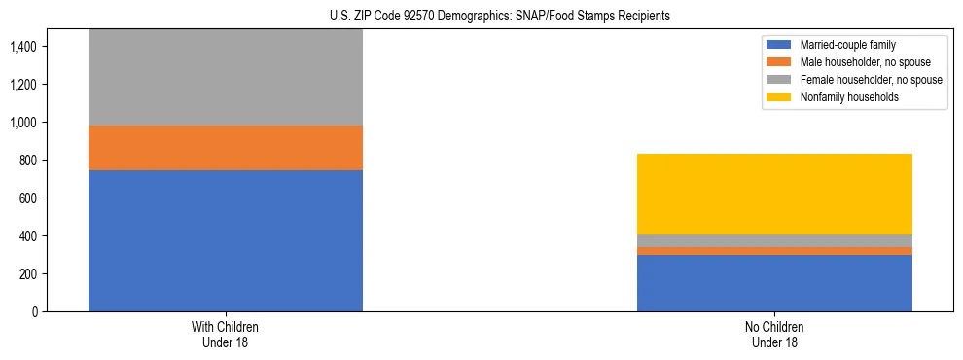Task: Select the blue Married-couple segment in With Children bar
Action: tap(226, 240)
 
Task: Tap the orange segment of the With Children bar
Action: tap(226, 148)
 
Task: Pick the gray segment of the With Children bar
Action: tap(226, 78)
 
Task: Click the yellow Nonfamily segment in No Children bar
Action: tap(774, 194)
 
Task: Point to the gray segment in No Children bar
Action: tap(774, 240)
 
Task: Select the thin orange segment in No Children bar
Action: tap(774, 251)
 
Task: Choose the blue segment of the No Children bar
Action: tap(774, 283)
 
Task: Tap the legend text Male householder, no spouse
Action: tap(856, 62)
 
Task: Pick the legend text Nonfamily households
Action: tap(841, 97)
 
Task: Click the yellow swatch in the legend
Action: tap(780, 97)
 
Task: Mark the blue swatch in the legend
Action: tap(780, 45)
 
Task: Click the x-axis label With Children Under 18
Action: tap(226, 335)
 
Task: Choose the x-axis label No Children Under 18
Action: tap(774, 335)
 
